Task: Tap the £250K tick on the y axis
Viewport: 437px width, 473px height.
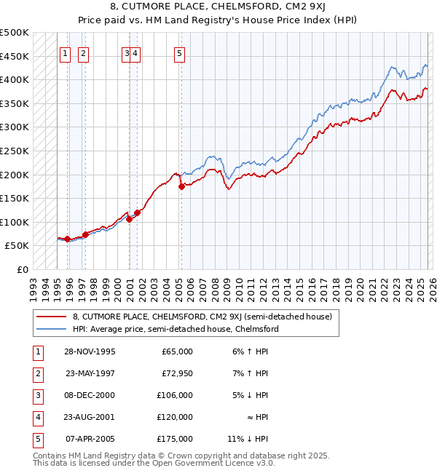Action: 15,151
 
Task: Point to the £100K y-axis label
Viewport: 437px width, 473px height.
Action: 15,222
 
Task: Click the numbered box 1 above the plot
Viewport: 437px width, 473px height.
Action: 66,52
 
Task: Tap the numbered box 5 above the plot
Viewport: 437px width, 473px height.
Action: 179,52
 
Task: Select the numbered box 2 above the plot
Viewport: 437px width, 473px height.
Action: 84,52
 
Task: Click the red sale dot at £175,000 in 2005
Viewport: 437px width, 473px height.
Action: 181,186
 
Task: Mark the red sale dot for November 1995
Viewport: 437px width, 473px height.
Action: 67,239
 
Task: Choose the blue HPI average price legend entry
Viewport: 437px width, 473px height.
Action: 175,329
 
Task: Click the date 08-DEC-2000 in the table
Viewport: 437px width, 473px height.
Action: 90,395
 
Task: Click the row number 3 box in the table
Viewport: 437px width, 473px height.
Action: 36,395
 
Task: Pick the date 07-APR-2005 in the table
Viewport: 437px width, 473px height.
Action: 90,439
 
